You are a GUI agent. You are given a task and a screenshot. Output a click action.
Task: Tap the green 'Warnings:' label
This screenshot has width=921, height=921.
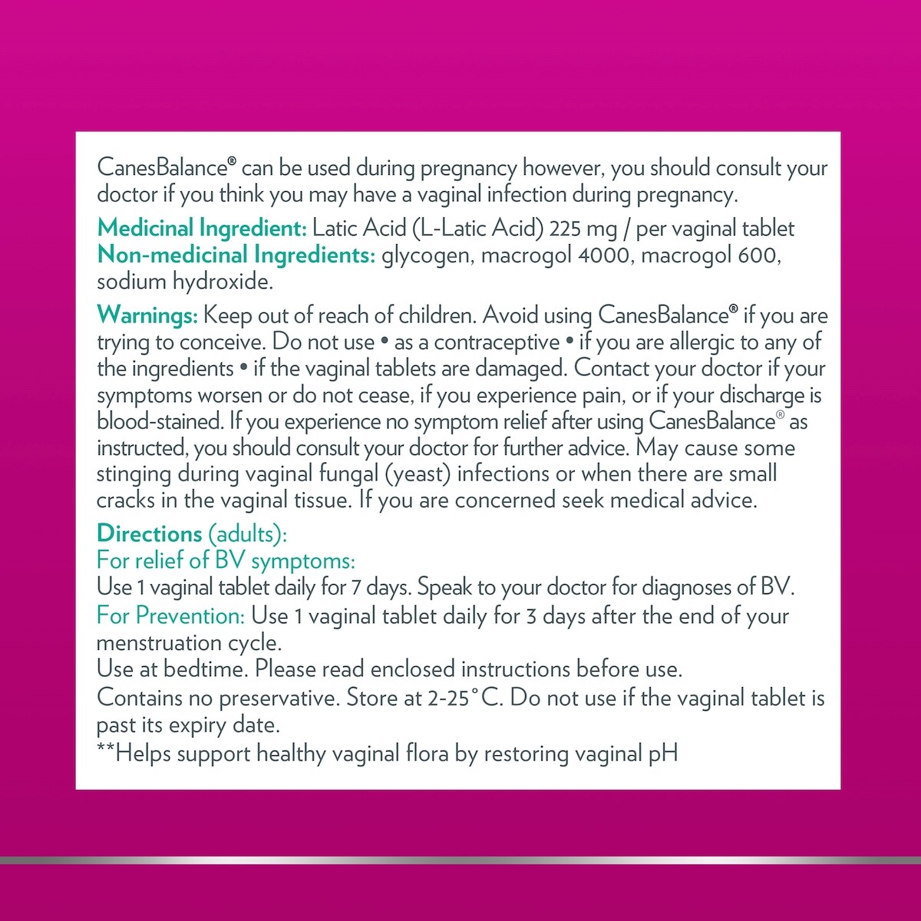[147, 315]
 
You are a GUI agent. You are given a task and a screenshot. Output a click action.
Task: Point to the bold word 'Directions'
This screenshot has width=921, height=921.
[150, 533]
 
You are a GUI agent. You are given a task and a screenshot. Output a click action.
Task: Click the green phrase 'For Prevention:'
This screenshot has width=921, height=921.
[170, 616]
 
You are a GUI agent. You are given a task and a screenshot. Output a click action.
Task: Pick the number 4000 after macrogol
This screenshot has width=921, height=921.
[596, 255]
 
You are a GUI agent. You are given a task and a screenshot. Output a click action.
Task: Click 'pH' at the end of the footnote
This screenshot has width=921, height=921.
[663, 754]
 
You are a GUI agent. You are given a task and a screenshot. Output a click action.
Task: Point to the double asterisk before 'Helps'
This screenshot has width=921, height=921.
[106, 751]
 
